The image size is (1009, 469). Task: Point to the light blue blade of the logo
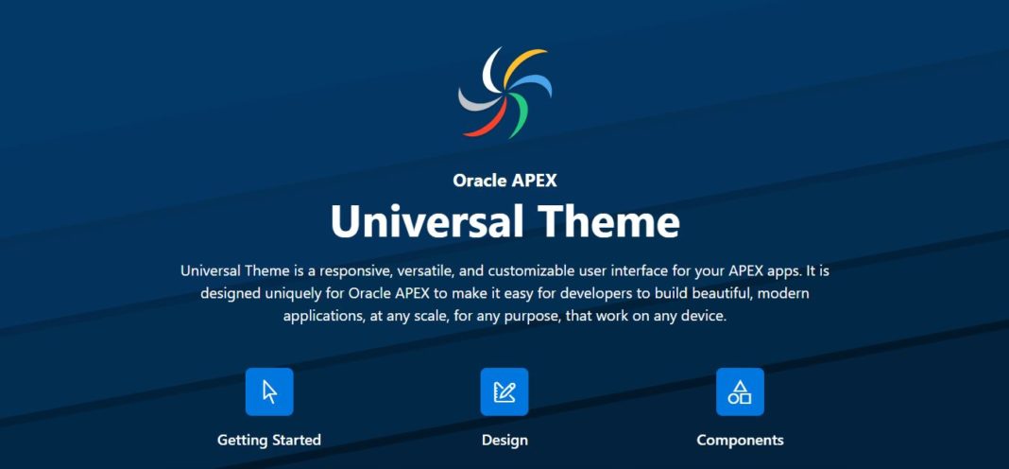point(534,84)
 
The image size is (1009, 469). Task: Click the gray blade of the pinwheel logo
point(476,100)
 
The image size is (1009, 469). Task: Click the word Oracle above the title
point(479,181)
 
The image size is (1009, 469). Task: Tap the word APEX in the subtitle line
point(534,181)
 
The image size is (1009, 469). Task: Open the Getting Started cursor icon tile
point(269,391)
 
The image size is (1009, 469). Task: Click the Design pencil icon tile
point(504,391)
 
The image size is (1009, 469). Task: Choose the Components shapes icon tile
point(740,391)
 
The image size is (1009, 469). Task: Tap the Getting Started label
point(269,441)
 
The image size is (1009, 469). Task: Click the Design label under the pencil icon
point(504,441)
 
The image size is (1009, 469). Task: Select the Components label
point(740,441)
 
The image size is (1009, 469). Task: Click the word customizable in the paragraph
point(505,270)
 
